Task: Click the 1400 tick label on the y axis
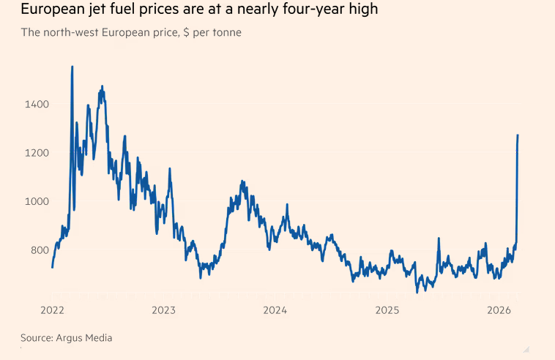(x=36, y=105)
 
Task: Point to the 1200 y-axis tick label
(x=36, y=153)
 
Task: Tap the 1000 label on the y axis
(x=36, y=202)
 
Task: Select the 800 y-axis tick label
(x=38, y=250)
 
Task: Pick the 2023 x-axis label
(x=163, y=310)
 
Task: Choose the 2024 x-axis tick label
(x=275, y=310)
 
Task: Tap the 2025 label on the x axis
(x=387, y=310)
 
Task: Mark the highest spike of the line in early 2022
(x=72, y=67)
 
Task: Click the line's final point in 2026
(x=518, y=135)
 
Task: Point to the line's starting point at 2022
(x=52, y=267)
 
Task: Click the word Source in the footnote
(x=35, y=337)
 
